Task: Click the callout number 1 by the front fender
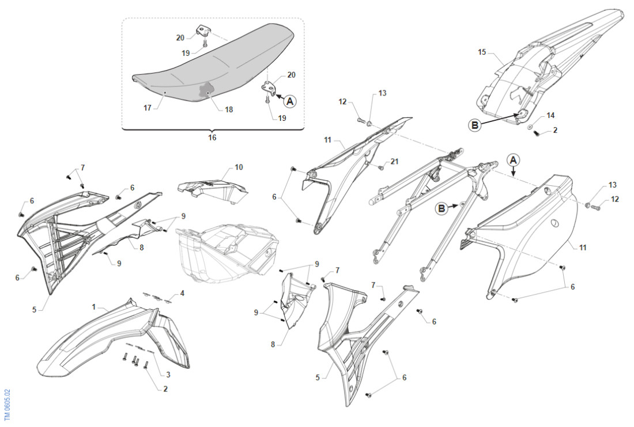pos(94,307)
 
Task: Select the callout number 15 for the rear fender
pos(482,52)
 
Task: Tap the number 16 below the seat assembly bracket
pos(212,138)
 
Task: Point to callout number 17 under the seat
pos(147,106)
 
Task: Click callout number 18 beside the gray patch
pos(229,109)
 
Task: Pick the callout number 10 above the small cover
pos(239,167)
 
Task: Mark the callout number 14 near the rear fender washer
pos(550,115)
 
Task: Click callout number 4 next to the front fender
pos(182,293)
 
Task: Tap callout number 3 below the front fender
pos(168,375)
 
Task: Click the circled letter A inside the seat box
pos(289,101)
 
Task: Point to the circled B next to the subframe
pos(441,208)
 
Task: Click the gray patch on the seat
pos(206,90)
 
